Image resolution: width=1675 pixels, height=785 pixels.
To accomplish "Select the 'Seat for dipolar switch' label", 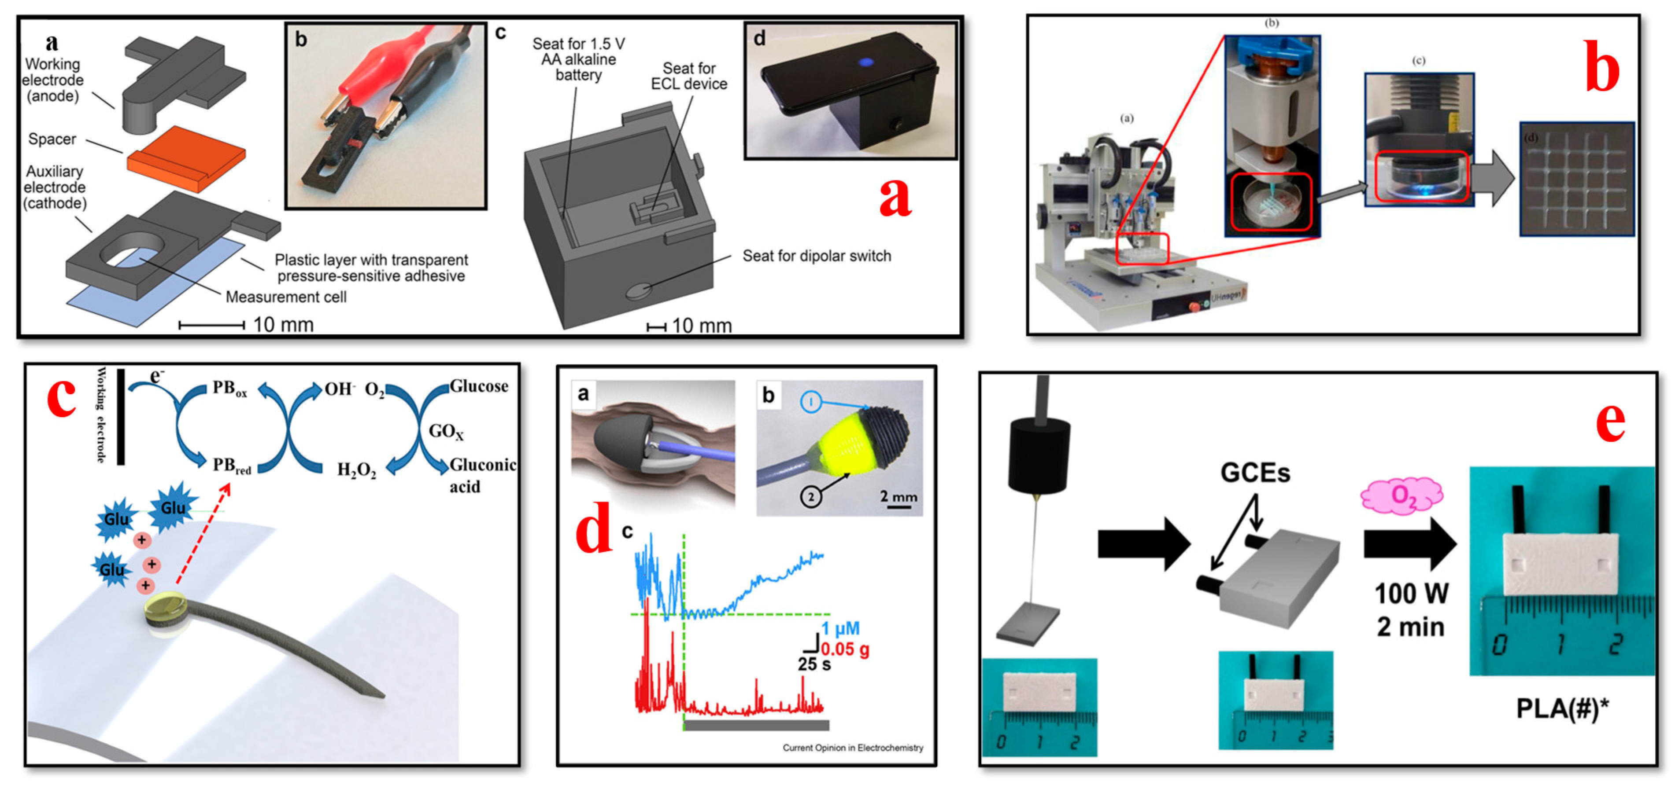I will pyautogui.click(x=816, y=256).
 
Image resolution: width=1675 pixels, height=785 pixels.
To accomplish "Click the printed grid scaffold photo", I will pyautogui.click(x=1576, y=180).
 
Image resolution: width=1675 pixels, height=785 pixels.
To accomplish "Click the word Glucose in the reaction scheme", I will pyautogui.click(x=479, y=386).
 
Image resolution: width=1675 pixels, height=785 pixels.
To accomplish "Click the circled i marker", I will pyautogui.click(x=810, y=402).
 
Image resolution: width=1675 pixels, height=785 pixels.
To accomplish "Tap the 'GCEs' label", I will pyautogui.click(x=1254, y=473).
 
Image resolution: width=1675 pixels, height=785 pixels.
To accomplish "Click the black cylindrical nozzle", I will pyautogui.click(x=1039, y=456).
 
